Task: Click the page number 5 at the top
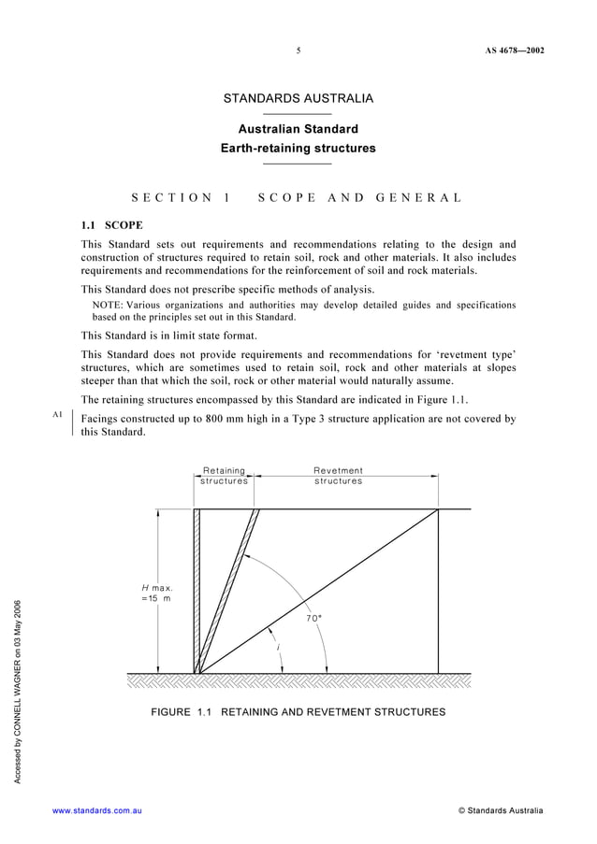[298, 51]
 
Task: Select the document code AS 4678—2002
[514, 51]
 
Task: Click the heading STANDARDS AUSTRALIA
[298, 99]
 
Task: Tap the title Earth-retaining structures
[298, 148]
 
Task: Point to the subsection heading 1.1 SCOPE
[110, 225]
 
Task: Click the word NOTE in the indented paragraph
[108, 305]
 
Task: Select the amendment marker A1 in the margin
[57, 413]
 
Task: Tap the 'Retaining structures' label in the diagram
[225, 476]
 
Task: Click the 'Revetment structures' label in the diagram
[338, 476]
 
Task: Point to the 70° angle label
[313, 618]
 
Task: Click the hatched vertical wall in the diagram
[197, 589]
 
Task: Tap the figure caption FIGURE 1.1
[183, 712]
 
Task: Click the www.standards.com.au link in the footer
[97, 810]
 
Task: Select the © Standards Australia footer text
[500, 810]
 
